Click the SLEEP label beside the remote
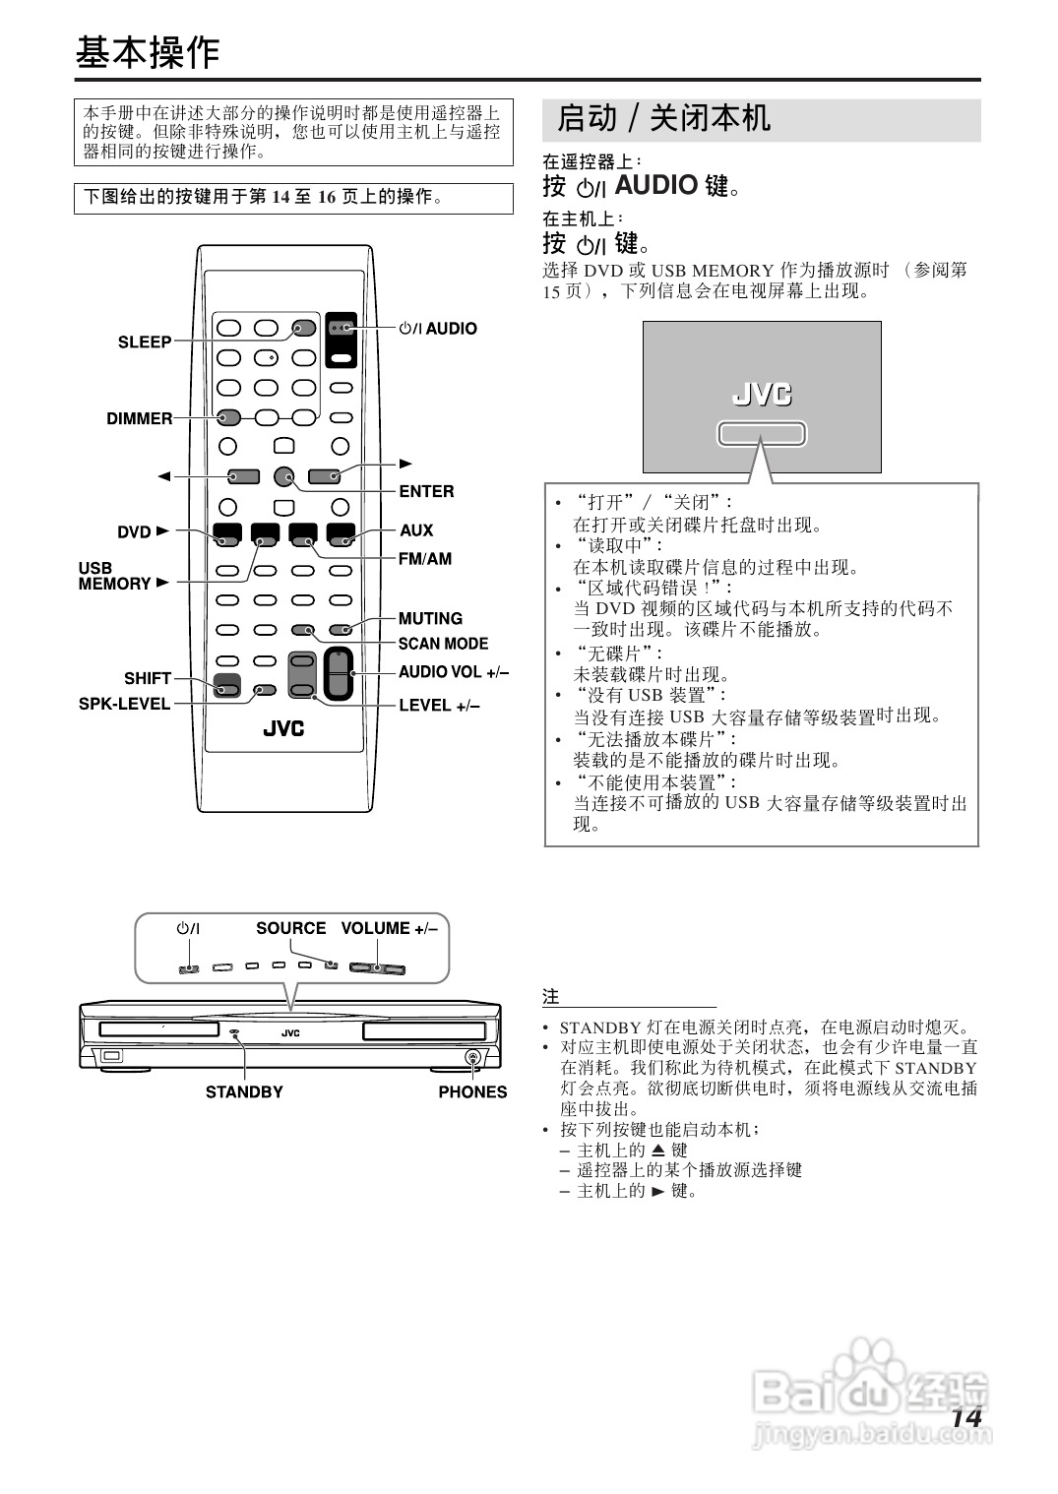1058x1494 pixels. pos(145,342)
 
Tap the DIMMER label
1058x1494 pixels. pos(139,419)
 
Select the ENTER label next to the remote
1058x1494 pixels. pos(426,491)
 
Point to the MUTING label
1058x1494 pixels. pos(430,619)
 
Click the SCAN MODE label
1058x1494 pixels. pos(443,644)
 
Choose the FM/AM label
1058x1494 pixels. pos(425,559)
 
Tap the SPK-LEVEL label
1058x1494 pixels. pos(124,705)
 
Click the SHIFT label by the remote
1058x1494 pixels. pos(148,679)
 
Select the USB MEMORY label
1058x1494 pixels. pos(114,576)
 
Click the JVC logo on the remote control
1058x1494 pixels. pos(283,729)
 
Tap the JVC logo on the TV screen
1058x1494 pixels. pos(762,395)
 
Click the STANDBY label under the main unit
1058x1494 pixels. pos(244,1092)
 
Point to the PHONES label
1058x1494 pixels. pos(472,1092)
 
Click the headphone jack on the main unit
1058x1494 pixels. pos(473,1058)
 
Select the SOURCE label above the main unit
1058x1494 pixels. pos(290,928)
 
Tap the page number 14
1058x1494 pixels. pos(966,1418)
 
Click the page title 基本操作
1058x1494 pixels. pos(148,53)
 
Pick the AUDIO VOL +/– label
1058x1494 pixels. pos(454,672)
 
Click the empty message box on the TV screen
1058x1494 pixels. pos(762,434)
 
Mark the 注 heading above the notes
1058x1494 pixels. pos(551,997)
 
